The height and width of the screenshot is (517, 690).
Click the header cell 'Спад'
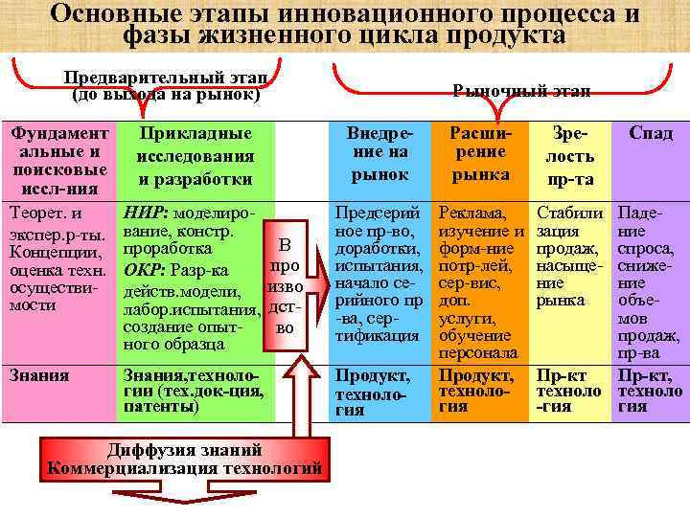click(651, 134)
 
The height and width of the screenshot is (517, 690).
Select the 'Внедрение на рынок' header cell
click(379, 153)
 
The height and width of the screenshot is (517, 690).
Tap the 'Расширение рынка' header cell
click(480, 153)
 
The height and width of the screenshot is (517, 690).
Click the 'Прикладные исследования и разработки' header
click(195, 156)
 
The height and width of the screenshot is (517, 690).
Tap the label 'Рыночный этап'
click(520, 90)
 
